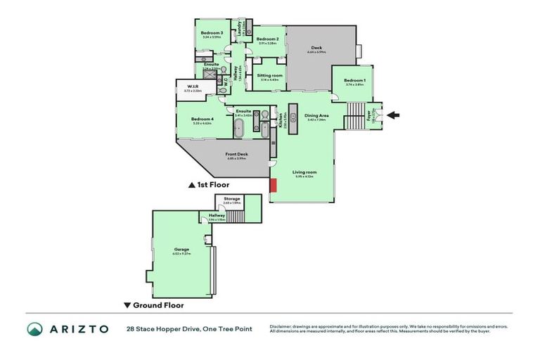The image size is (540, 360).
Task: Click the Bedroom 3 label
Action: click(x=212, y=32)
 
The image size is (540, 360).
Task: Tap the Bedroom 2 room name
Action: click(x=268, y=39)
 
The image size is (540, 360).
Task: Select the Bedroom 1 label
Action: click(x=354, y=81)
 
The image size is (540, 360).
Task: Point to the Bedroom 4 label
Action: click(x=202, y=119)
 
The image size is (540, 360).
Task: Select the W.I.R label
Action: click(x=193, y=87)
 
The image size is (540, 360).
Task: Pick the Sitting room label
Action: click(x=269, y=75)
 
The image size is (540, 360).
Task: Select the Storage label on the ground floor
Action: click(x=231, y=199)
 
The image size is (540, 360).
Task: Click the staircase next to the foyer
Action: click(x=356, y=116)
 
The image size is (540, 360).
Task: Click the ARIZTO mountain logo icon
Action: click(x=35, y=329)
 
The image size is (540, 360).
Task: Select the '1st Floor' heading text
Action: click(x=214, y=185)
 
